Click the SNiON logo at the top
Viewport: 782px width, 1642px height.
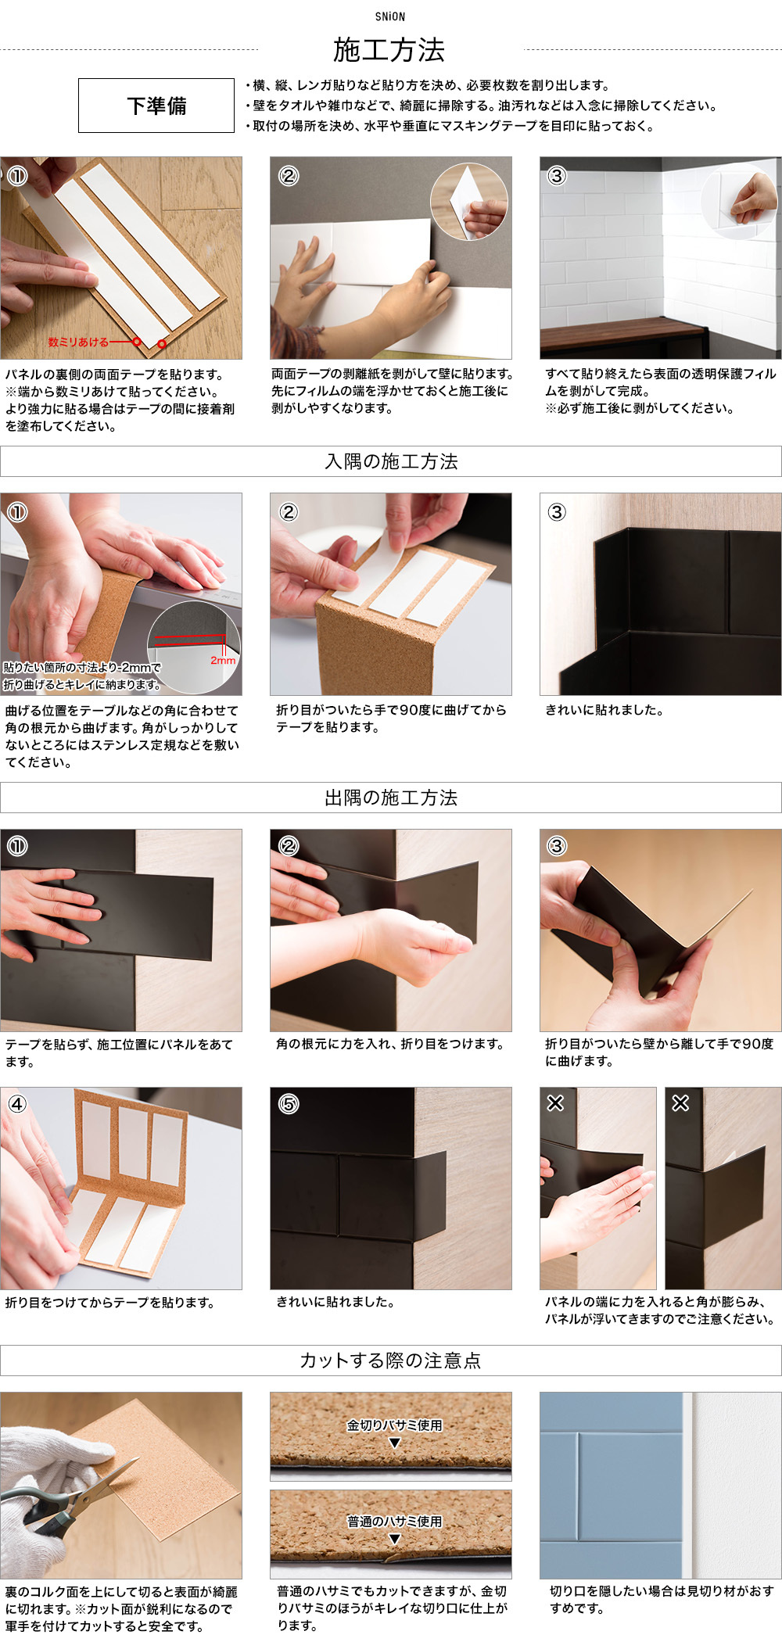389,16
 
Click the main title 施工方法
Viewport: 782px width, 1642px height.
389,50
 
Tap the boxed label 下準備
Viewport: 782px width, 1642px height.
156,106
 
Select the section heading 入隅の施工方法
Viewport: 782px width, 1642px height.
391,461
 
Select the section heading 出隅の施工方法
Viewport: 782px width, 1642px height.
391,798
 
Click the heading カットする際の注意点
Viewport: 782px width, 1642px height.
391,1361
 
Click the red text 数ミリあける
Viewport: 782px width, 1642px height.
78,342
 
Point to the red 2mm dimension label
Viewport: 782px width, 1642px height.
223,661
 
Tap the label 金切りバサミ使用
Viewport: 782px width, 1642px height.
395,1425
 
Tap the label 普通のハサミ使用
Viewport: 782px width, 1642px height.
395,1522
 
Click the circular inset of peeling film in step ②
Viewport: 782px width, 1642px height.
469,202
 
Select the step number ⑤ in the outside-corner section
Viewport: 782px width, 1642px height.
289,1104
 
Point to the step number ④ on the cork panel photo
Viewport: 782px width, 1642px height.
17,1104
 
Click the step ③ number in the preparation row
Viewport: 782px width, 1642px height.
556,176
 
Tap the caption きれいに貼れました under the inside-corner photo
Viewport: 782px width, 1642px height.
604,711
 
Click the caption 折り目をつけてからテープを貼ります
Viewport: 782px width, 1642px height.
109,1303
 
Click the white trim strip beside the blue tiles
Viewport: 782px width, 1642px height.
687,1486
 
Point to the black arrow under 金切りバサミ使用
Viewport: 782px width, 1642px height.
395,1443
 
